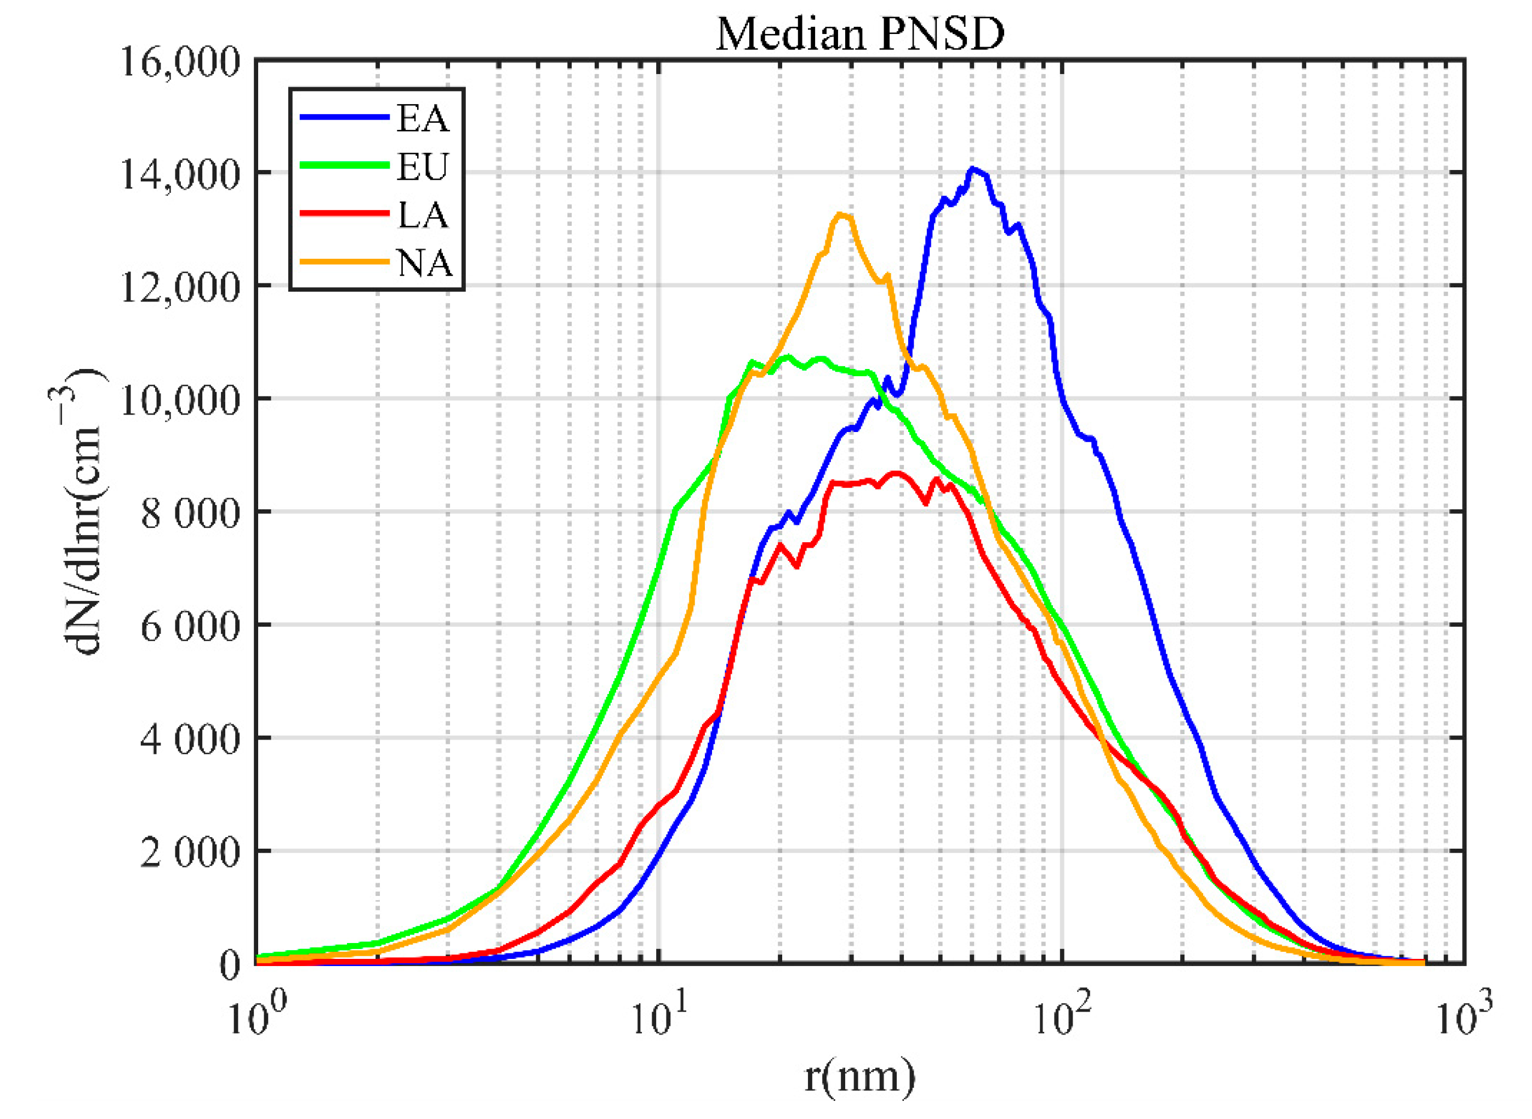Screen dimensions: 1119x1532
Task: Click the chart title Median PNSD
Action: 859,34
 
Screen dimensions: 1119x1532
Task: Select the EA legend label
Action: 423,118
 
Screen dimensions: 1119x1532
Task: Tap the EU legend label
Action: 423,167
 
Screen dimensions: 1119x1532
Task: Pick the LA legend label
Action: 423,215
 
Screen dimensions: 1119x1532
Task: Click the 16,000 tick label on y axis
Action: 181,63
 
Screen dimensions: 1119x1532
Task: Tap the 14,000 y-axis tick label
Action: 181,175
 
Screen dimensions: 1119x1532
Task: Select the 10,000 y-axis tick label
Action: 181,401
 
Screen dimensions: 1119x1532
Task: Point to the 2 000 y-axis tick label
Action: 190,853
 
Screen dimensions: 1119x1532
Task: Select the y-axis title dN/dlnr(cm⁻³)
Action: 83,512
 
